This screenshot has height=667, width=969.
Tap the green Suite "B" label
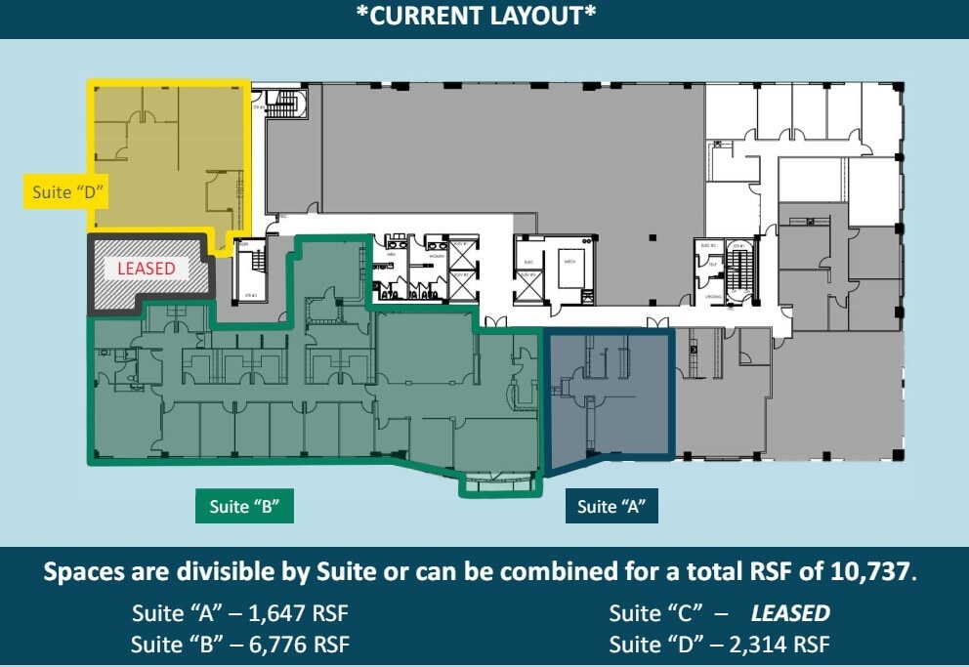244,507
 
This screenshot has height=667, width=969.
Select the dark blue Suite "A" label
611,507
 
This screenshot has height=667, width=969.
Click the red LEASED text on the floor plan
147,269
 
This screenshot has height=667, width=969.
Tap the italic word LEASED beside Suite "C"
789,614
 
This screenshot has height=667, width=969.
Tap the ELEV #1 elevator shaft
459,254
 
